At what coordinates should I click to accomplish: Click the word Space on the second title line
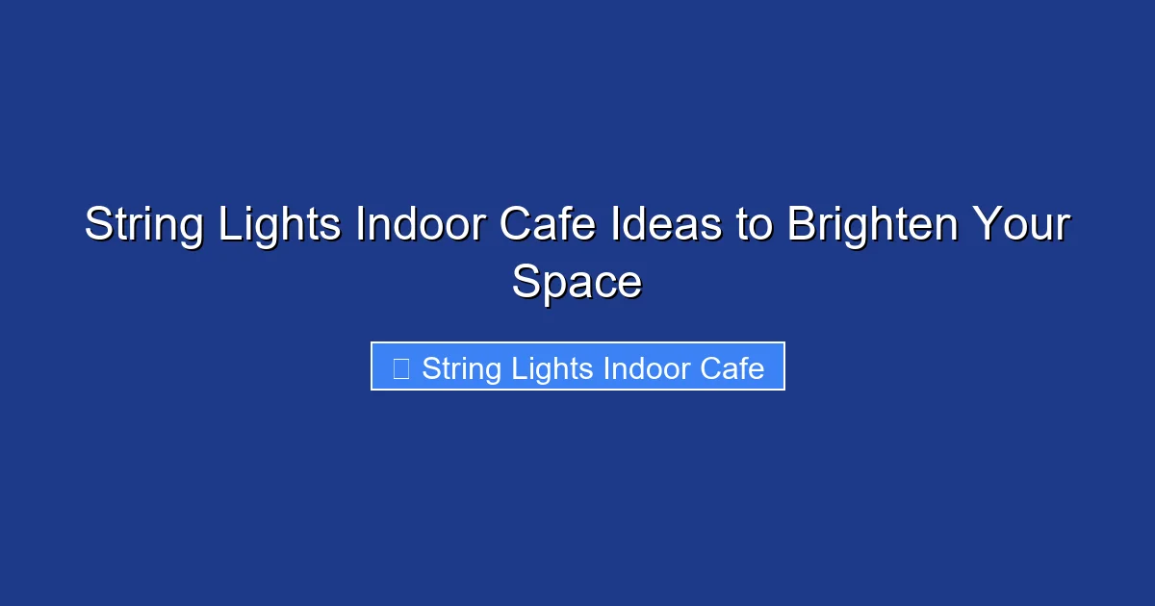click(x=577, y=284)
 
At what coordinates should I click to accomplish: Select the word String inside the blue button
click(x=458, y=368)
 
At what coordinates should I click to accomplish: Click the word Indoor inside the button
click(x=653, y=368)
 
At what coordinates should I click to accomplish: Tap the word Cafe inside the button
click(x=737, y=368)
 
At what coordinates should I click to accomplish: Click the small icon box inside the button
click(x=402, y=368)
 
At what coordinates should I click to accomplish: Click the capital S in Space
click(x=526, y=284)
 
